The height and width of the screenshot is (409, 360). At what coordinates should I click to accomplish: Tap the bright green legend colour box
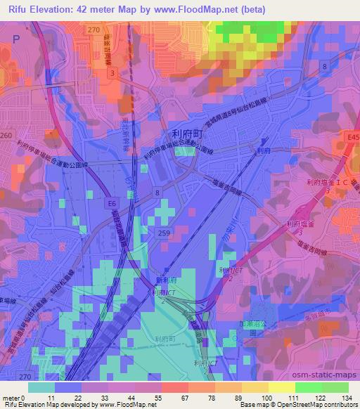pos(309,387)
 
